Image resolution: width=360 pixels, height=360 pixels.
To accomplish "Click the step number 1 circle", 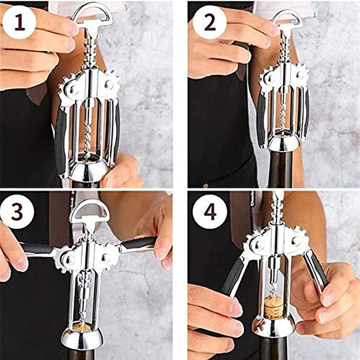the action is tap(19, 22).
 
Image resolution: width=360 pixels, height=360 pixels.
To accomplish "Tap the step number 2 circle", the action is tap(209, 22).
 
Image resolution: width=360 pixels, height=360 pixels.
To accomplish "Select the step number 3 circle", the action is tap(17, 211).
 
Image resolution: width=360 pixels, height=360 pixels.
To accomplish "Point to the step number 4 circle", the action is tap(210, 211).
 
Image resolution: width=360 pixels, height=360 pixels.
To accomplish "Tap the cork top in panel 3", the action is tap(82, 327).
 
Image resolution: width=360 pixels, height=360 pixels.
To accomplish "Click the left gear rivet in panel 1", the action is tap(74, 90).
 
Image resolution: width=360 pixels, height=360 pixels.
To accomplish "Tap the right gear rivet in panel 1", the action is tap(109, 85).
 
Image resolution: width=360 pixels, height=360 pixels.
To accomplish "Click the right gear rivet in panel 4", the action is tap(296, 241).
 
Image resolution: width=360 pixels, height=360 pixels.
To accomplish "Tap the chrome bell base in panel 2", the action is tap(284, 143).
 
